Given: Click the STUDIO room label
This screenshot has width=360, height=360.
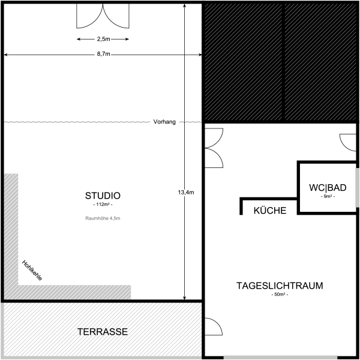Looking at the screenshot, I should point(103,196).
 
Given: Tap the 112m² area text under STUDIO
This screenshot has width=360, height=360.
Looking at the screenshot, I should point(103,206).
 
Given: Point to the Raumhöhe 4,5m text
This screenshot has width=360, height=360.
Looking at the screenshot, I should point(103,218).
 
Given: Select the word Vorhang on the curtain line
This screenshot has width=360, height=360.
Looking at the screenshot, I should point(164,122).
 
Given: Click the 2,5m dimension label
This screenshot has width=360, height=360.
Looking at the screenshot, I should point(103,39).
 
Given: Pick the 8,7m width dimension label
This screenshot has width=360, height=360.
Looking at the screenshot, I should point(103,55).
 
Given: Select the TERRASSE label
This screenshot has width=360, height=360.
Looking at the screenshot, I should point(103,332).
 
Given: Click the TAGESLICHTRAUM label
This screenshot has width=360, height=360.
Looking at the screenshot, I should point(280,286).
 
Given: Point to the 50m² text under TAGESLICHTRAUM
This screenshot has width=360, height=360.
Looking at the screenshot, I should point(280,295).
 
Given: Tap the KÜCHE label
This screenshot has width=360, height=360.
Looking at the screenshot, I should point(270,211).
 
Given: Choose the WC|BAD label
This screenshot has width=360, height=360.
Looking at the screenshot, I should point(327,187).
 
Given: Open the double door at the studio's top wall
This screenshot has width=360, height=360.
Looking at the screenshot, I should point(103,17).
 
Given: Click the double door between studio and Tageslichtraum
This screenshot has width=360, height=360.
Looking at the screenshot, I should point(213,148).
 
